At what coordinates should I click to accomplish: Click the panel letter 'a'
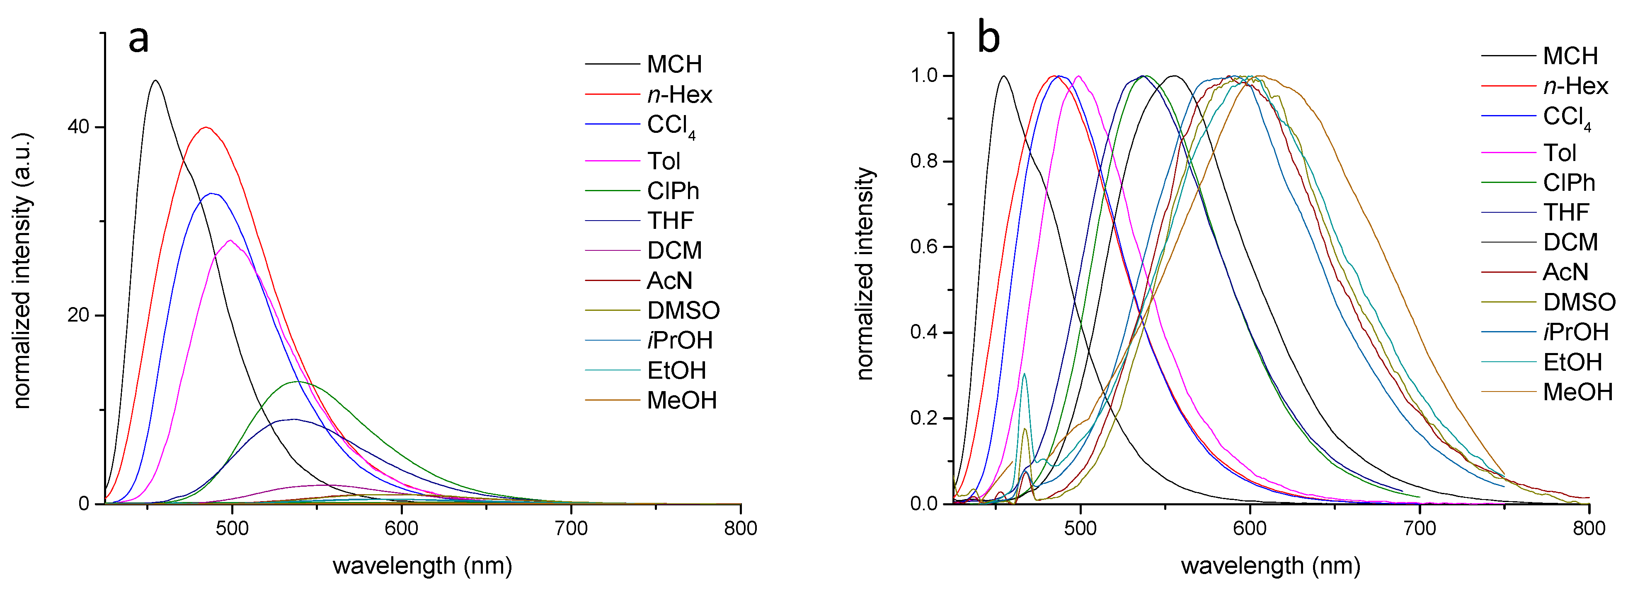pyautogui.click(x=139, y=39)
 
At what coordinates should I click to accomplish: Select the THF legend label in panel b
pyautogui.click(x=1566, y=213)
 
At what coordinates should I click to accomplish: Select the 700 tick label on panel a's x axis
pyautogui.click(x=571, y=528)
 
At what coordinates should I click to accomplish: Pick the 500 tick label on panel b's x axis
pyautogui.click(x=1080, y=528)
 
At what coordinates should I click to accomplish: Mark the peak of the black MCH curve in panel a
pyautogui.click(x=155, y=80)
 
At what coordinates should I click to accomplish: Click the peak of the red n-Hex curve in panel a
pyautogui.click(x=206, y=127)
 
